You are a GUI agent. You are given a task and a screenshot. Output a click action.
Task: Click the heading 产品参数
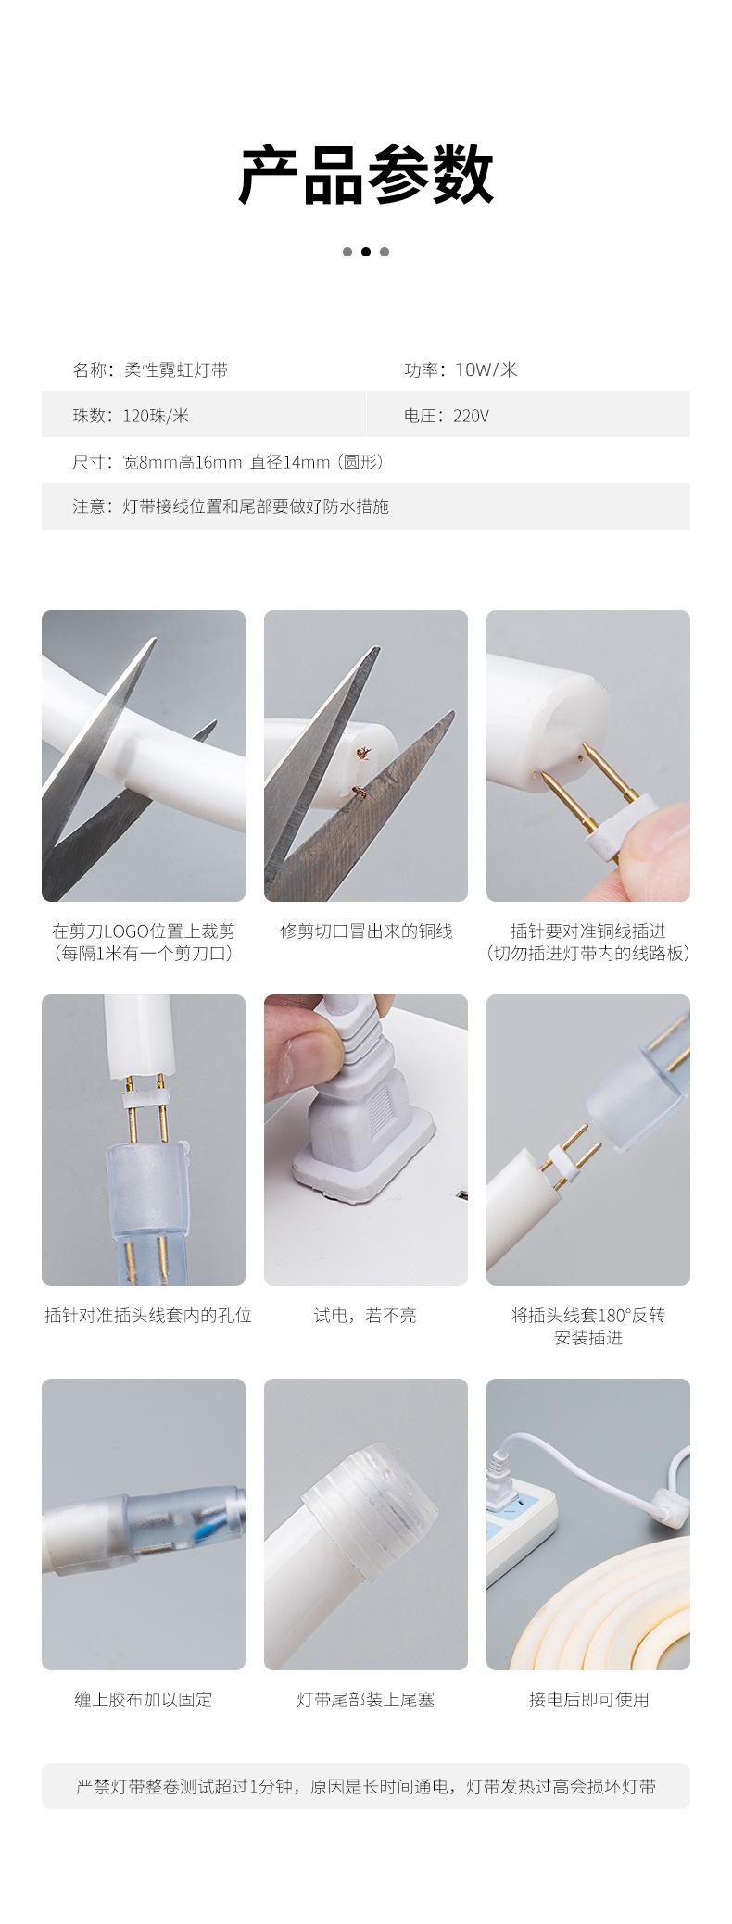click(366, 175)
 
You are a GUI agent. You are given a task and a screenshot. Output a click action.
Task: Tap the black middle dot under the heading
click(366, 252)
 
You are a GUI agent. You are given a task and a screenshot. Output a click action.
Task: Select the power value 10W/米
click(486, 370)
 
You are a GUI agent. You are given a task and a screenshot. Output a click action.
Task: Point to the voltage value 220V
click(471, 416)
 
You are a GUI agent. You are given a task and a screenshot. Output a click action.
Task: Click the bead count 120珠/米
click(155, 416)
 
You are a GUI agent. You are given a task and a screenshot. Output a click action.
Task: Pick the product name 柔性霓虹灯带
click(175, 370)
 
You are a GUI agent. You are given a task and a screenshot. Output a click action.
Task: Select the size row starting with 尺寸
click(228, 461)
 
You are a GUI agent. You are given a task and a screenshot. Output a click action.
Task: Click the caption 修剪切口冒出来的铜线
click(366, 931)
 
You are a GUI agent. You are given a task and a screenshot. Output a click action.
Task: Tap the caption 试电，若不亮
click(365, 1315)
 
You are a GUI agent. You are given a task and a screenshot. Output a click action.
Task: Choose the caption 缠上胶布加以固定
click(144, 1699)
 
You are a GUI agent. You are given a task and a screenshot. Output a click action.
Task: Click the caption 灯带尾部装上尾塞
click(366, 1699)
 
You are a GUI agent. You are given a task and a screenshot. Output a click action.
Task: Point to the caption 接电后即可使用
click(588, 1699)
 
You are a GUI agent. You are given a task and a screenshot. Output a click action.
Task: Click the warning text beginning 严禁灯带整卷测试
click(366, 1786)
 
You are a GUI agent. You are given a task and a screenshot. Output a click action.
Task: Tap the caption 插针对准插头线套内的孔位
click(148, 1315)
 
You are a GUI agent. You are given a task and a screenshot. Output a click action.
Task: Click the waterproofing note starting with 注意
click(231, 506)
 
